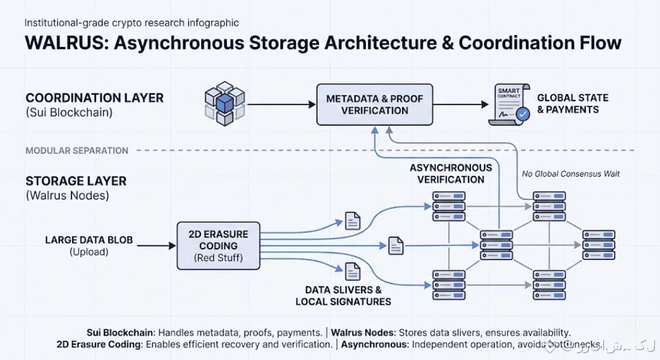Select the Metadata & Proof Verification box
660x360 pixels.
coord(375,105)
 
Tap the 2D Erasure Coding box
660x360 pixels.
coord(218,246)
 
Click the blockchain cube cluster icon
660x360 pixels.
coord(224,103)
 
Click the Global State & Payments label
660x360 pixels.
coord(572,104)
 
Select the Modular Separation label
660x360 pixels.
coord(77,150)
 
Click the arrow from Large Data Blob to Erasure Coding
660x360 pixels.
coord(156,246)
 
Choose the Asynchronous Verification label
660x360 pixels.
coord(450,174)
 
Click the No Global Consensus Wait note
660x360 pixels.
coord(571,174)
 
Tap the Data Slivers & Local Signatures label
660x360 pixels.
coord(343,296)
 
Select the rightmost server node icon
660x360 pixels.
coord(598,244)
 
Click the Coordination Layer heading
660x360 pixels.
coord(95,98)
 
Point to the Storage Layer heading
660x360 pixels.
coord(76,181)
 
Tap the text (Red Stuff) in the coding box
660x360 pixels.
coord(218,258)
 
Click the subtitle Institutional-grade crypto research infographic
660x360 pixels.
coord(131,23)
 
